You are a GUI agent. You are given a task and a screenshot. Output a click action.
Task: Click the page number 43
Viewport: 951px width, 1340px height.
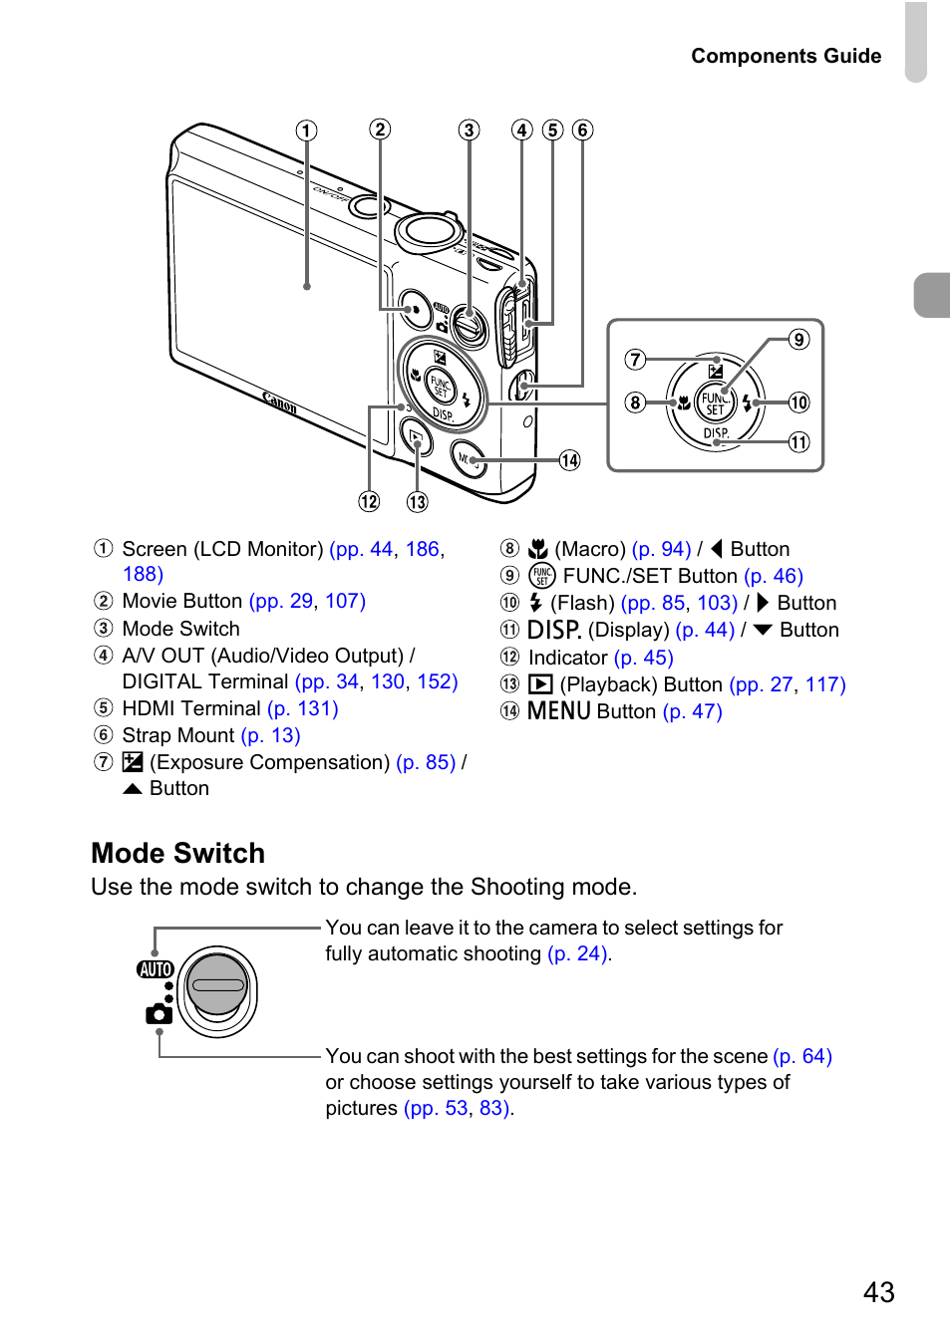(878, 1292)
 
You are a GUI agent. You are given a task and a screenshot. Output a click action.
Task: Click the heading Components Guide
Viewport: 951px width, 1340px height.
(786, 56)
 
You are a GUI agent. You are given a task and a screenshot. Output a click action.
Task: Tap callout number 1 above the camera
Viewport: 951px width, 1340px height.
(306, 131)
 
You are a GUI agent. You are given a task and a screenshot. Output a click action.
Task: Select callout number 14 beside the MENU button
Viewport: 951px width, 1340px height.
(569, 460)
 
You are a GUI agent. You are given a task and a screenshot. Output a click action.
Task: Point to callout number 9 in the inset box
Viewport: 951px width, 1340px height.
(798, 340)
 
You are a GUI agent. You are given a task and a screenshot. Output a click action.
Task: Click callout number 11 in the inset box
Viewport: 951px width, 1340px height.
(798, 442)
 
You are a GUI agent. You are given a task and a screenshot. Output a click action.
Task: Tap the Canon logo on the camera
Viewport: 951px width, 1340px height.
(280, 402)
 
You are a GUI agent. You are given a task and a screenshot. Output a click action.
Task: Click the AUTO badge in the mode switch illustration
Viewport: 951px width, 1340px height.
(156, 969)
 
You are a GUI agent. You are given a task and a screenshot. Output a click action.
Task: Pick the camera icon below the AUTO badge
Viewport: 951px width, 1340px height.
(158, 1014)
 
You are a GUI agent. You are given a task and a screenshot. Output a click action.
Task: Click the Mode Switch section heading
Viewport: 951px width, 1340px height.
(178, 853)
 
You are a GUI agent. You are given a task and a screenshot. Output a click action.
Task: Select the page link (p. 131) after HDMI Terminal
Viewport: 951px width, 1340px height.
(303, 708)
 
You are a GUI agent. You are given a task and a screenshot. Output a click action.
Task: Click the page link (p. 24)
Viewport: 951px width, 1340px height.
(578, 953)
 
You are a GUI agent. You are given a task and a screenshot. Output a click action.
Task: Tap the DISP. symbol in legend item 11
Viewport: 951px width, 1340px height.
(554, 630)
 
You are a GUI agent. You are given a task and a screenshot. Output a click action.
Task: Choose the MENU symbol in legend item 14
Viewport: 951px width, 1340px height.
(559, 711)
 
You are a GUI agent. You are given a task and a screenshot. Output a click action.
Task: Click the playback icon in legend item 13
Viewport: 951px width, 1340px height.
(540, 684)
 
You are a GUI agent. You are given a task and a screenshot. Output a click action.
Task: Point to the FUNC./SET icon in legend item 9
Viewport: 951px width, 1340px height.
(541, 576)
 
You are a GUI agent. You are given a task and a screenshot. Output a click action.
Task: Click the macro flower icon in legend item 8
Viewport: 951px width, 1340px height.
(538, 549)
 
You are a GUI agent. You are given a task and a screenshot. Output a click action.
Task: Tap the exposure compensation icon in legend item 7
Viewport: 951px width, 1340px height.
(133, 762)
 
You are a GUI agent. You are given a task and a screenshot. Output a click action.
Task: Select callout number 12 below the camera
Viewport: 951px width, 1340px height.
(369, 501)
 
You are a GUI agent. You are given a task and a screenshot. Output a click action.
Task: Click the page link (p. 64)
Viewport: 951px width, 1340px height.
(802, 1056)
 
